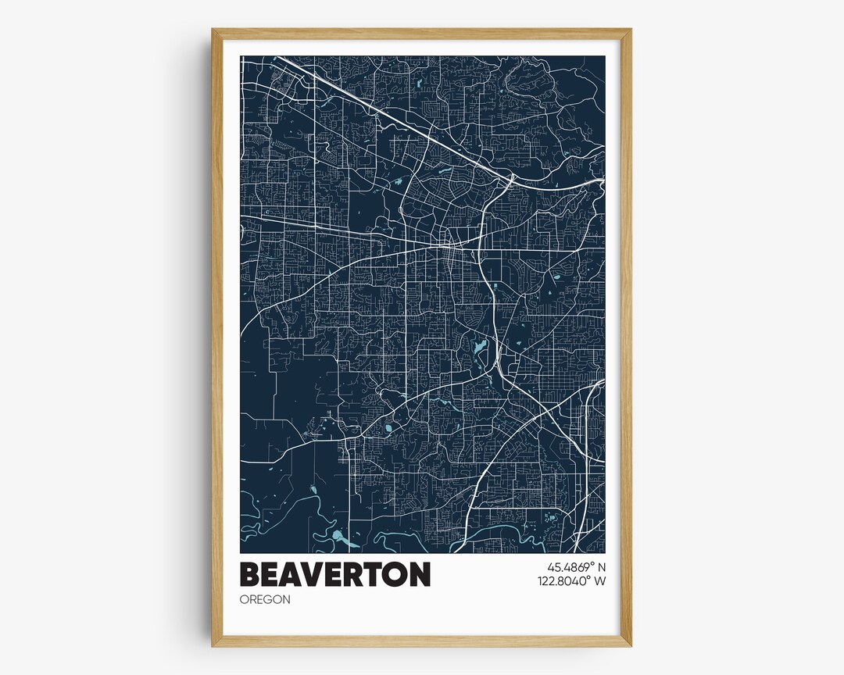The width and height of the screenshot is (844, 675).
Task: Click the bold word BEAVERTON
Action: click(334, 574)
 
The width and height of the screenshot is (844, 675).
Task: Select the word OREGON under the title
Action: click(265, 599)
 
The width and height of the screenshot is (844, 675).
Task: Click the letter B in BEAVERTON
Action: click(250, 574)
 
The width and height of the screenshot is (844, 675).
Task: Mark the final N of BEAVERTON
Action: click(419, 574)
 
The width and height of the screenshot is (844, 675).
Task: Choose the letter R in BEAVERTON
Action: click(356, 574)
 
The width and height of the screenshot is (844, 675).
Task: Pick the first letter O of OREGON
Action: click(245, 599)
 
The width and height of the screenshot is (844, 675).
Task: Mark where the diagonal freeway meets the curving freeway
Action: click(510, 179)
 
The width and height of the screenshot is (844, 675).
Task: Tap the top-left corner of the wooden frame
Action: click(213, 30)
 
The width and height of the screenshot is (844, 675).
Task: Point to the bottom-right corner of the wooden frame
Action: click(630, 645)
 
